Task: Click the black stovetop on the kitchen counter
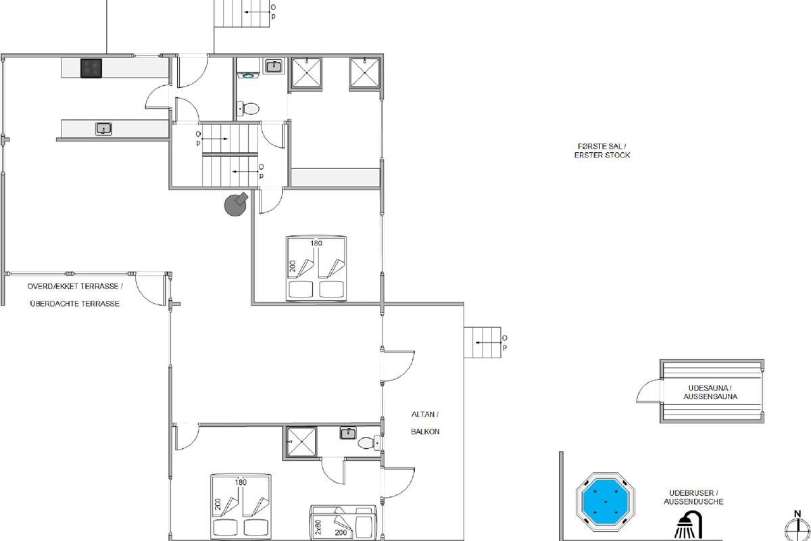(91, 68)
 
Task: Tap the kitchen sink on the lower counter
(103, 128)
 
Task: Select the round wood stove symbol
(236, 204)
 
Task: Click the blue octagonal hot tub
(605, 502)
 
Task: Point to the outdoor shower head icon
(688, 525)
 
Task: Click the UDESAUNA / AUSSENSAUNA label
(710, 392)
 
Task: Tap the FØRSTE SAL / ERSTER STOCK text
(602, 151)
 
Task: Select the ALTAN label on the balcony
(425, 415)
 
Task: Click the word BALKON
(425, 431)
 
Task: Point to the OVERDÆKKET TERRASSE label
(75, 286)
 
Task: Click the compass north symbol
(797, 527)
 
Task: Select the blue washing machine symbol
(248, 76)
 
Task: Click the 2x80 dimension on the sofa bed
(318, 527)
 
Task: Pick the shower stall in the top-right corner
(364, 73)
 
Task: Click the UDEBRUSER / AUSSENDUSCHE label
(693, 497)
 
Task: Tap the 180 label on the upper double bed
(316, 243)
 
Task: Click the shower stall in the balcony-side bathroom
(301, 442)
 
